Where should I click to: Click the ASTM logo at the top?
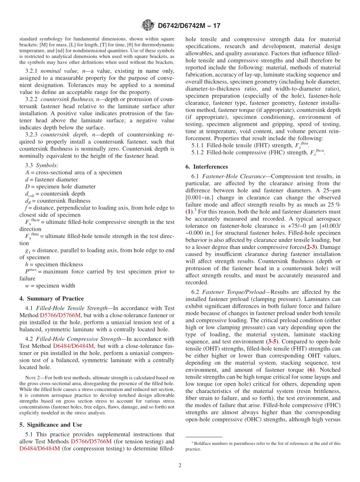[147, 26]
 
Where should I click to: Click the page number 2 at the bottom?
[180, 465]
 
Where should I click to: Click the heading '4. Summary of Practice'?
[52, 299]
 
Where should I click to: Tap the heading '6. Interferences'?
[207, 167]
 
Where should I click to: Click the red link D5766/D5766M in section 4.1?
[60, 315]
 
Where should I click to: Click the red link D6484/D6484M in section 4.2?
[73, 346]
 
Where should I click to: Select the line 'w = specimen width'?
[50, 286]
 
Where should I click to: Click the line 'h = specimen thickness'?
[54, 264]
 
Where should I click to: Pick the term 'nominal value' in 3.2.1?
[58, 71]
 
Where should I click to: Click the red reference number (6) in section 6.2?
[311, 370]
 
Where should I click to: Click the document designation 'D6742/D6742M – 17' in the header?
[189, 26]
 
